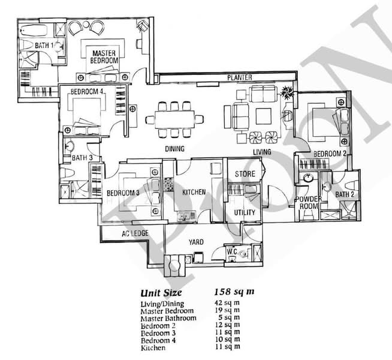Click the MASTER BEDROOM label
click(104, 56)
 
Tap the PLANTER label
click(239, 78)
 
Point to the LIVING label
click(262, 152)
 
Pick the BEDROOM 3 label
click(123, 193)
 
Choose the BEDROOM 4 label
click(88, 92)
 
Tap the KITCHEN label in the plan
click(194, 193)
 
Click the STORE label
click(245, 174)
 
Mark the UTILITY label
click(245, 213)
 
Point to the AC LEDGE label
click(134, 233)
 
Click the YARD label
click(196, 242)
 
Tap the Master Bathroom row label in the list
click(168, 318)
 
